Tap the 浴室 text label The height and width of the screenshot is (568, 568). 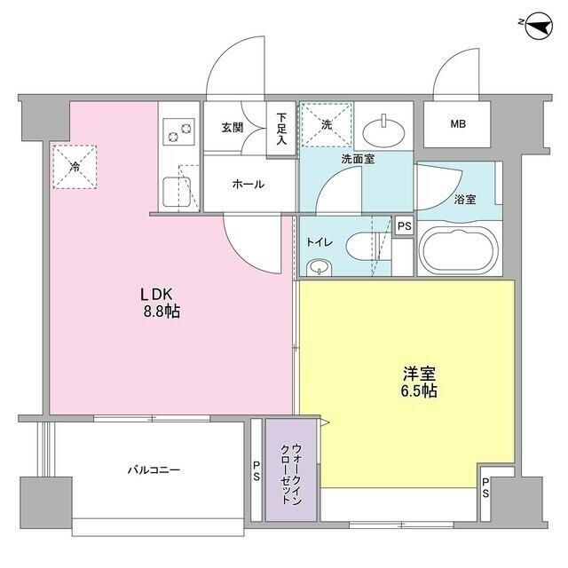coord(464,199)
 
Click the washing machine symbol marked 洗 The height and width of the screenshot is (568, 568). coord(326,125)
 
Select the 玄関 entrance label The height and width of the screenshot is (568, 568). coord(233,127)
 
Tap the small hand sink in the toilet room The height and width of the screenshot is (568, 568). coord(317,267)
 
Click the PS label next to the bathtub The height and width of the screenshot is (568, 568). coord(404,226)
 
